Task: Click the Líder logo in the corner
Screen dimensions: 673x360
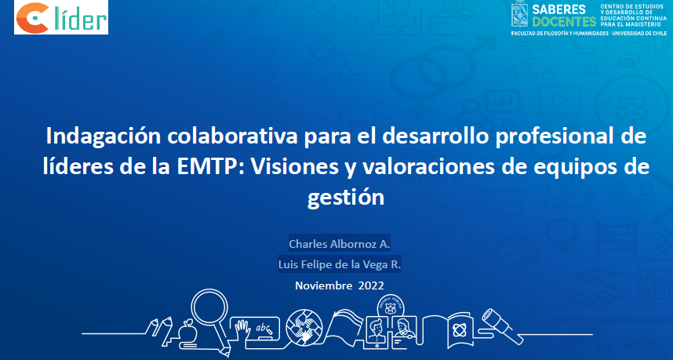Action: [61, 17]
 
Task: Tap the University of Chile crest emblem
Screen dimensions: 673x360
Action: [519, 14]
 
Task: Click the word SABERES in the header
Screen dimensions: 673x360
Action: [558, 9]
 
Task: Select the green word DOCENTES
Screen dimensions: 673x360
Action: [564, 21]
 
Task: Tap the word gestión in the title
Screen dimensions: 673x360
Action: [345, 198]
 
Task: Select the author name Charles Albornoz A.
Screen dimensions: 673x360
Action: [339, 244]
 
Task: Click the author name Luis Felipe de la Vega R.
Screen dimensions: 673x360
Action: [339, 265]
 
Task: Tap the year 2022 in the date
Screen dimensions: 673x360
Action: [371, 285]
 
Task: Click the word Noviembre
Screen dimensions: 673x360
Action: [324, 285]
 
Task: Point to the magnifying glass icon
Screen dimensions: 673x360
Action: [210, 309]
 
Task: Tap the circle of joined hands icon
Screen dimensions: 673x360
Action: [304, 327]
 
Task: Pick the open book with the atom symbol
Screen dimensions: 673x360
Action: [457, 329]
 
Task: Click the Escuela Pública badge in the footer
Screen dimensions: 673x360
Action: [390, 307]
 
